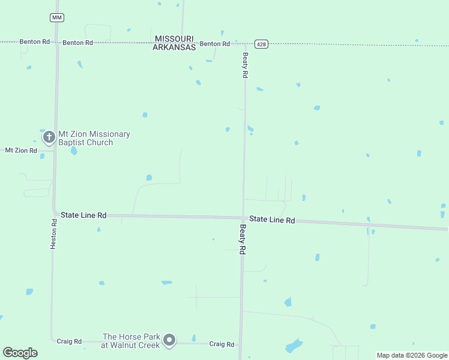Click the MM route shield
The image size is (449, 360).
pos(57,17)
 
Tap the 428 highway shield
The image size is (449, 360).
pos(261,44)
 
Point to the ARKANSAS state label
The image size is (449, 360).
pos(174,47)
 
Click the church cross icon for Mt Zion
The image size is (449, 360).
pos(49,137)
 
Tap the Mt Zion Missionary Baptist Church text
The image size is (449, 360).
pos(94,139)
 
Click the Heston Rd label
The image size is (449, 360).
pos(54,234)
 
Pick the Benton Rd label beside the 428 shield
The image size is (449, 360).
pos(215,44)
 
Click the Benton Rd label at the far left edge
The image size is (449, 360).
pos(34,42)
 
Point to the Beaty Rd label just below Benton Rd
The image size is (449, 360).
pos(245,65)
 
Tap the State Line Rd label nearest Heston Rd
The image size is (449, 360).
pos(83,215)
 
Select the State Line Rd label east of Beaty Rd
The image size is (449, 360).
pos(272,220)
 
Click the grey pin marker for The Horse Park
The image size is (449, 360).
pos(170,340)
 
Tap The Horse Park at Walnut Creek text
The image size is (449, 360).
pos(131,341)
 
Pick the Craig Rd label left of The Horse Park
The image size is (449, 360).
pos(69,341)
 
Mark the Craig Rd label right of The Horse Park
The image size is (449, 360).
pos(221,344)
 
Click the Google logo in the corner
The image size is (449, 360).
pos(20,353)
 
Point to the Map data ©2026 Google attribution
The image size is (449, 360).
pos(412,355)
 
